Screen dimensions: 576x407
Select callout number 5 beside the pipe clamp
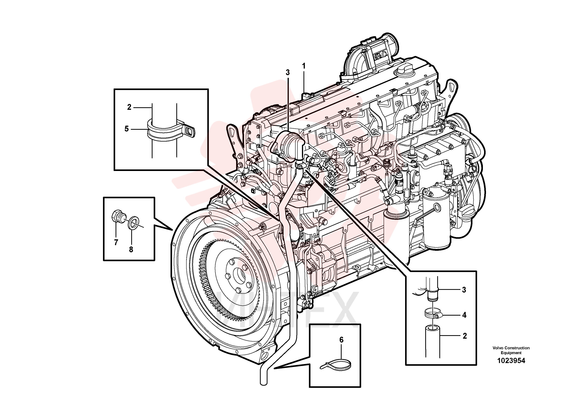coord(127,129)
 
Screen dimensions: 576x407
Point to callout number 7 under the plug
coord(116,242)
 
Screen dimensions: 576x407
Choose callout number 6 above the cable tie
coord(341,340)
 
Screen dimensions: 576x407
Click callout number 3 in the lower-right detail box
coord(464,290)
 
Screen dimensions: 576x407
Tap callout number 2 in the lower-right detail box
coord(465,336)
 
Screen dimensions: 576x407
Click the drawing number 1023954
coord(511,361)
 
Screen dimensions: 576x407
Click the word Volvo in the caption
coord(498,348)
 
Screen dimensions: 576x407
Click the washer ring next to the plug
coord(133,222)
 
